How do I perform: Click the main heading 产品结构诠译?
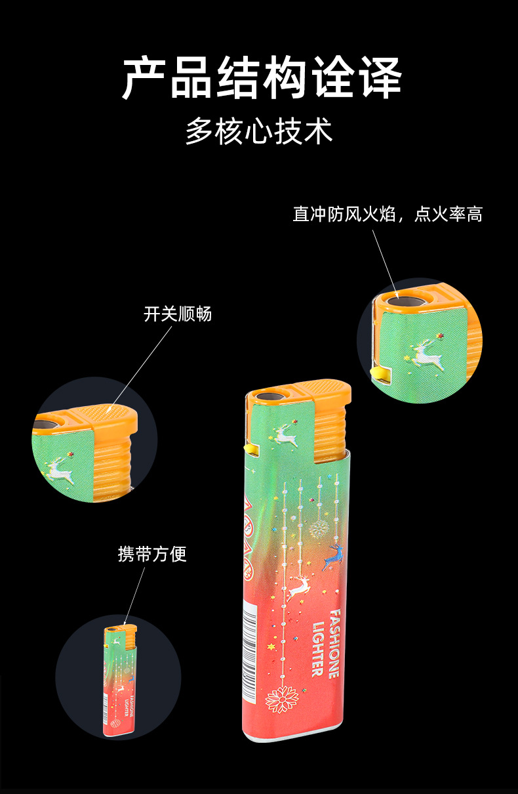click(x=262, y=79)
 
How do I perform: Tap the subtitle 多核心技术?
click(x=259, y=131)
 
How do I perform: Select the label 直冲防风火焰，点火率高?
click(x=388, y=214)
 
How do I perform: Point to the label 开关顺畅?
click(x=178, y=314)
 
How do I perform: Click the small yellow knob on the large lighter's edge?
click(x=249, y=448)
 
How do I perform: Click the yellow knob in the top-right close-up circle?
click(x=378, y=374)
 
